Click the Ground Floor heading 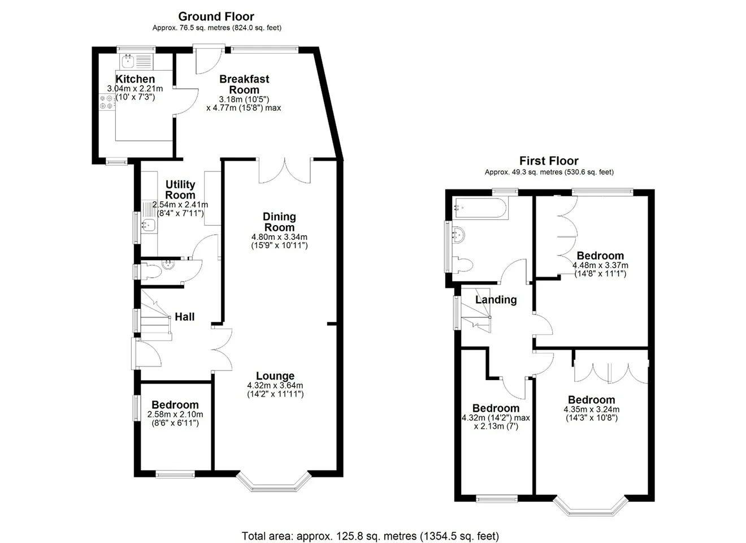click(x=216, y=16)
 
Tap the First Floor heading click(x=549, y=161)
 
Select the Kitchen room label click(x=135, y=79)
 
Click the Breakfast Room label click(x=244, y=84)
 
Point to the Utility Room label click(x=180, y=189)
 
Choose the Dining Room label click(x=279, y=222)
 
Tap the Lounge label click(x=275, y=376)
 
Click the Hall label click(x=184, y=317)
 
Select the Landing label click(x=496, y=300)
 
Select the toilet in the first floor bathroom click(x=463, y=266)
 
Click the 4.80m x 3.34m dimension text click(x=279, y=242)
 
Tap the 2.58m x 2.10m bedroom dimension click(x=175, y=419)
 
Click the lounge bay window click(x=274, y=482)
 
